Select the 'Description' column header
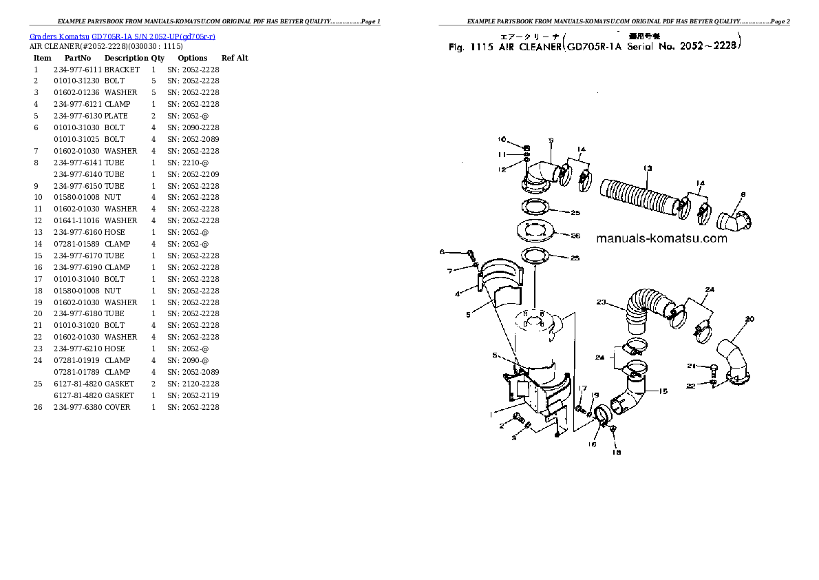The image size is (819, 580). (126, 58)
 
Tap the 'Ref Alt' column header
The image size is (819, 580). (235, 58)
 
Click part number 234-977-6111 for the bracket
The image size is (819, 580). (77, 70)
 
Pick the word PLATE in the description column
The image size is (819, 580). (116, 116)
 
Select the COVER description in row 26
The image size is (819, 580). (117, 407)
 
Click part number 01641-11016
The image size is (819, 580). (77, 220)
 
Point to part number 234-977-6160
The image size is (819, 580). (77, 232)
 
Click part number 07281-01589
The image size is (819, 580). (77, 244)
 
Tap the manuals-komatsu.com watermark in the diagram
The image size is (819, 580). (661, 238)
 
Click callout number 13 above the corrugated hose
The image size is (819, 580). (647, 168)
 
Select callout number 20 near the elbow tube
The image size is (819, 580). (749, 318)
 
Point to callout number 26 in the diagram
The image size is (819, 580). (575, 235)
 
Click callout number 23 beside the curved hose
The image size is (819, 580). (600, 302)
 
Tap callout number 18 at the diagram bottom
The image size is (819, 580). (616, 452)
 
